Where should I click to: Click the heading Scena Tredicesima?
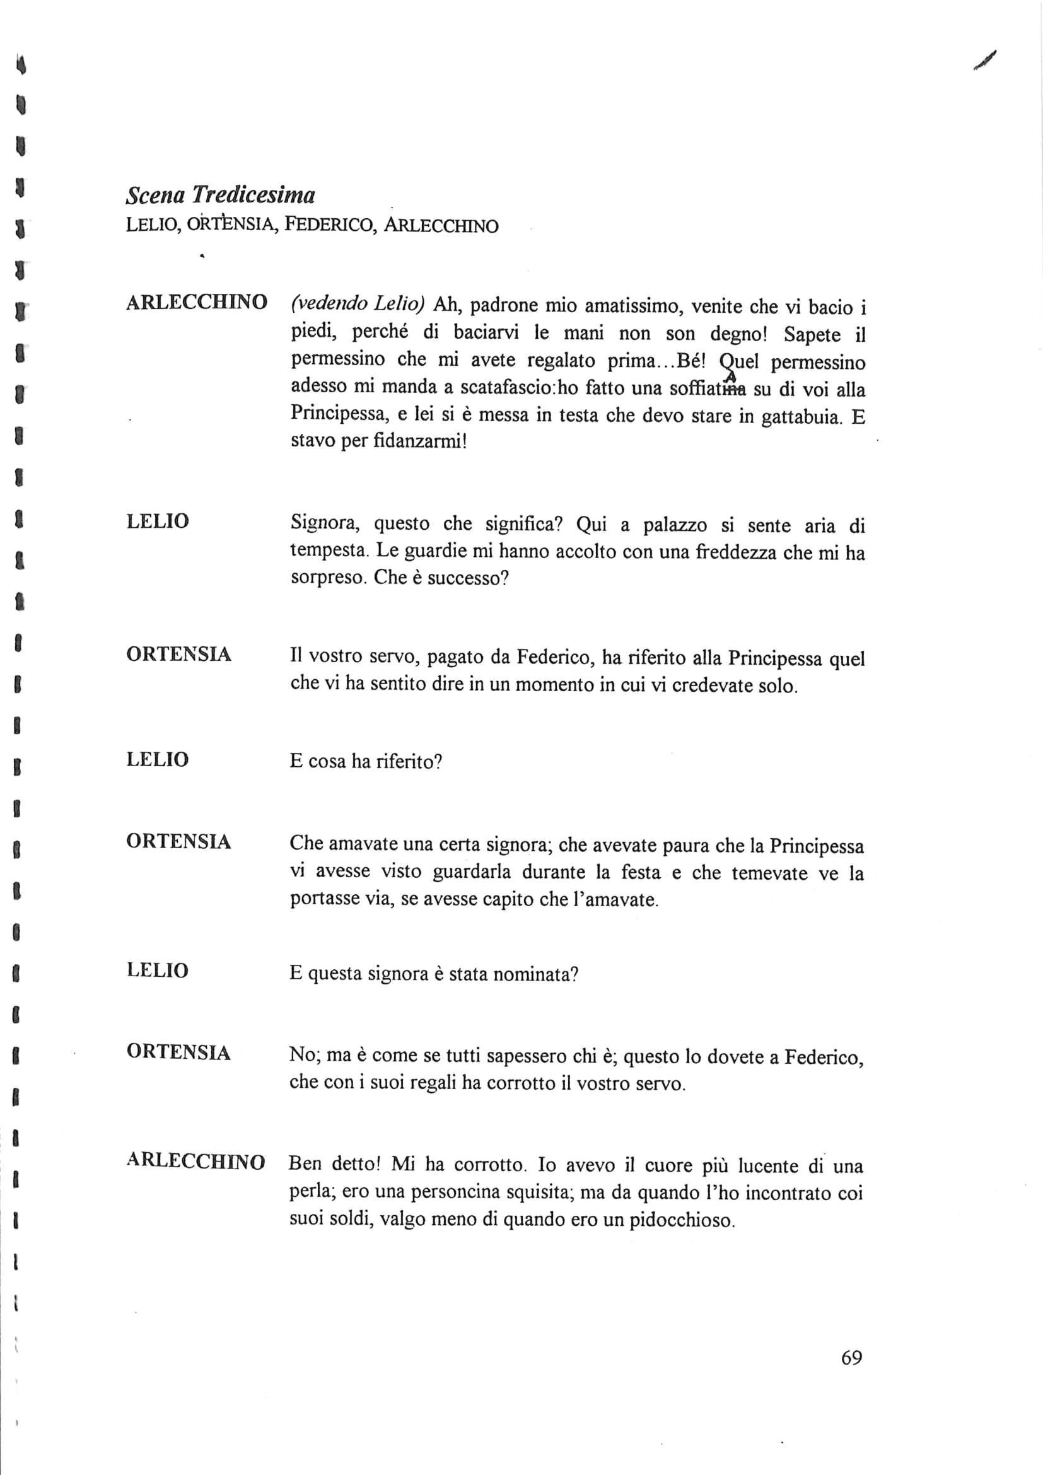(x=220, y=195)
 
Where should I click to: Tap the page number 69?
(x=851, y=1358)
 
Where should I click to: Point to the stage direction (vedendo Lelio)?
(x=358, y=303)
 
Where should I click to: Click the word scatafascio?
(x=509, y=388)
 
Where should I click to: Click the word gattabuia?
(x=801, y=417)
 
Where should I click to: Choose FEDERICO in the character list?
(x=328, y=225)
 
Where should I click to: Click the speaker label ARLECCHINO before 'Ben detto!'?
(x=196, y=1162)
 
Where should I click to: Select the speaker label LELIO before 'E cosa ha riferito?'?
(x=158, y=759)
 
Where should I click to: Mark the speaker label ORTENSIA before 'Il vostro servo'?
(x=178, y=654)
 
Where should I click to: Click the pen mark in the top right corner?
(x=984, y=61)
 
